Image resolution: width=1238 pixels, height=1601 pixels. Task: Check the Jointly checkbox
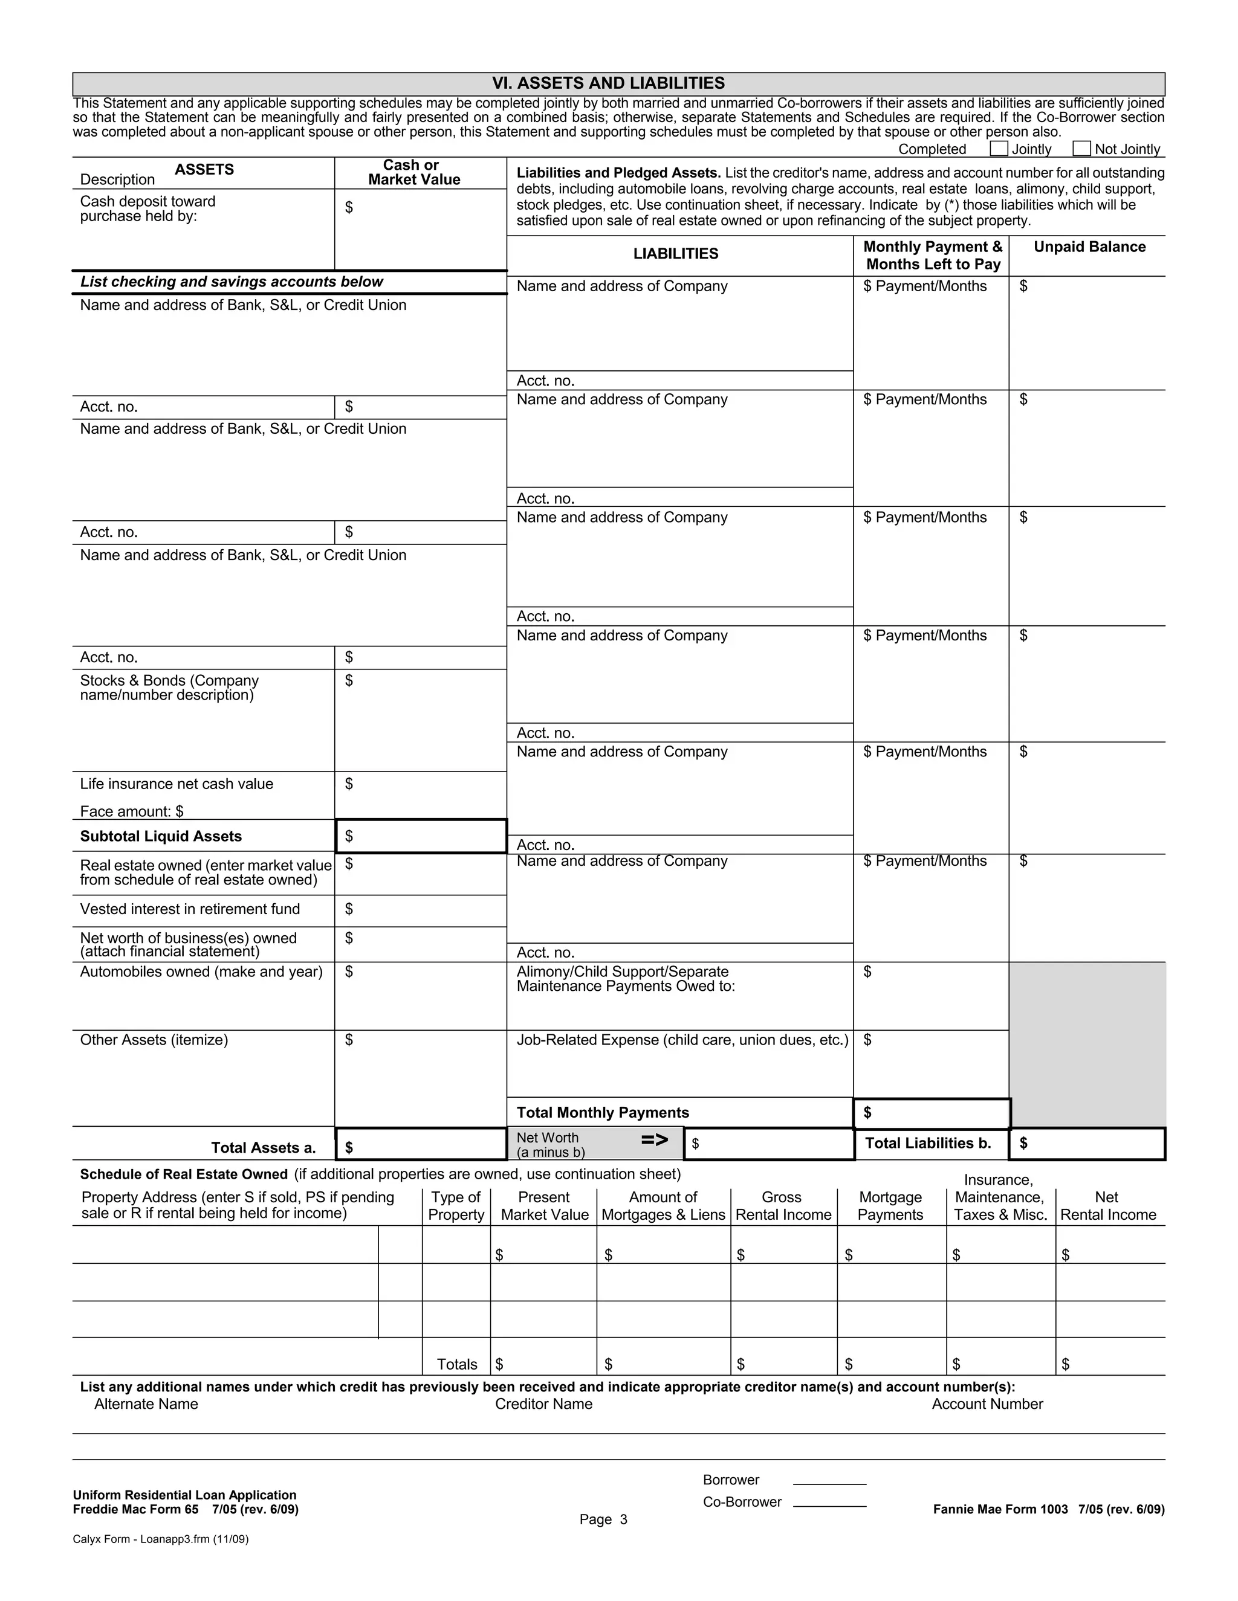tap(998, 149)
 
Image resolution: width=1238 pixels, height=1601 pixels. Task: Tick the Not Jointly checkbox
tap(1081, 149)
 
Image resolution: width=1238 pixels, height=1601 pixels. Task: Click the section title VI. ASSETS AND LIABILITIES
tap(608, 83)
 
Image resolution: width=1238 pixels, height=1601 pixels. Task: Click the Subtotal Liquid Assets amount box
tap(421, 836)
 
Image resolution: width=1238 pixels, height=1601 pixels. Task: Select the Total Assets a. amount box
tap(421, 1144)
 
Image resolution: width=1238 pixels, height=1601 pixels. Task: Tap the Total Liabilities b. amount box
tap(1087, 1144)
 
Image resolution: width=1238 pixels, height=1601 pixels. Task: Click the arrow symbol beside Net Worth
tap(654, 1139)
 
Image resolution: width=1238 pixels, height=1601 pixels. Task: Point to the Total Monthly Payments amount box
tap(932, 1113)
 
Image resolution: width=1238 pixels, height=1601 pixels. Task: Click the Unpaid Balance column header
tap(1089, 247)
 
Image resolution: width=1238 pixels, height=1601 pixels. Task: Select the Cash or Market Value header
tap(413, 173)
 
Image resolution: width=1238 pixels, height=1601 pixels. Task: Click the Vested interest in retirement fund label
tap(190, 909)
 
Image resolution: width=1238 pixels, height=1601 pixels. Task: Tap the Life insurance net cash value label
tap(176, 784)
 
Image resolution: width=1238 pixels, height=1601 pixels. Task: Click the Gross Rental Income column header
tap(783, 1206)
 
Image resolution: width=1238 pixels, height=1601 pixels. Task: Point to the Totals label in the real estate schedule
tap(456, 1364)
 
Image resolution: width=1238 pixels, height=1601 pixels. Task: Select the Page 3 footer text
tap(603, 1519)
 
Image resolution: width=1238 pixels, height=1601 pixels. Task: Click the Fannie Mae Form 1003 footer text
tap(1048, 1509)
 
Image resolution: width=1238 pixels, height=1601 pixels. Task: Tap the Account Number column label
tap(987, 1404)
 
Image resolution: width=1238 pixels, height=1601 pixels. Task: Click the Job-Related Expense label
tap(682, 1040)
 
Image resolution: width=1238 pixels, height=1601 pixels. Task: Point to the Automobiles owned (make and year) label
tap(201, 972)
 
